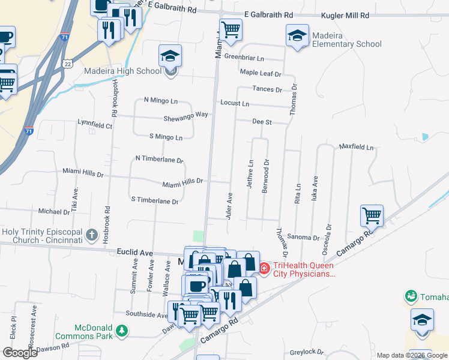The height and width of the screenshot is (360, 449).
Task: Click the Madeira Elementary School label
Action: (346, 40)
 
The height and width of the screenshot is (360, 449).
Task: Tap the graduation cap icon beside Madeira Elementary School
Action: (297, 35)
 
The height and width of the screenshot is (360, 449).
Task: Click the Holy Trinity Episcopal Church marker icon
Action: (91, 235)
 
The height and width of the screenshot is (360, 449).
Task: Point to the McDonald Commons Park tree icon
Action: (122, 331)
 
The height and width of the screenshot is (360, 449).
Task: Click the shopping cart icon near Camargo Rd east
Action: (372, 215)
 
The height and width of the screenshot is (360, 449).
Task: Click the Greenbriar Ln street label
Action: (244, 58)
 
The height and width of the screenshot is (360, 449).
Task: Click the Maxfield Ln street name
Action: (356, 147)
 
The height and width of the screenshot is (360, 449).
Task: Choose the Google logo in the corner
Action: (20, 353)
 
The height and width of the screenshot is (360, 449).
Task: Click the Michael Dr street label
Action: (54, 212)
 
